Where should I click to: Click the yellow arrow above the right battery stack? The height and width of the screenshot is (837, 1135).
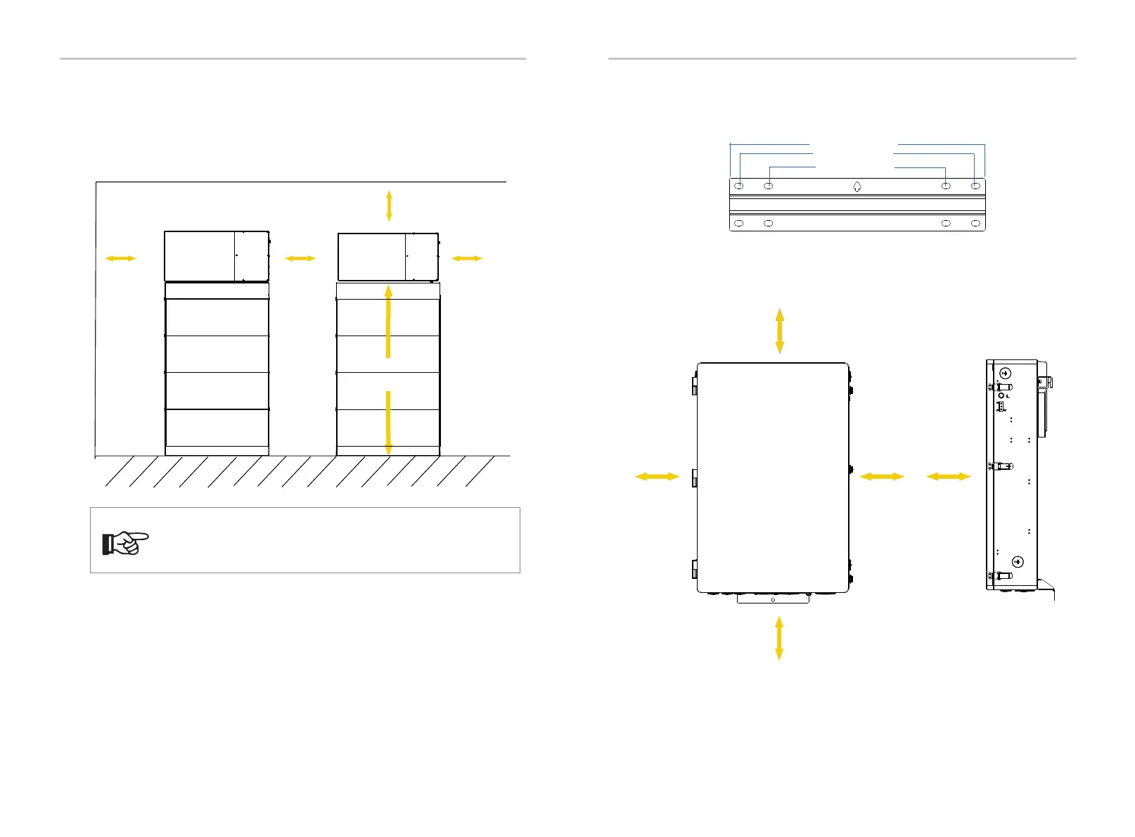(x=389, y=206)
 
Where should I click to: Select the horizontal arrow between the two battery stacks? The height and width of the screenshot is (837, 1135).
(x=300, y=259)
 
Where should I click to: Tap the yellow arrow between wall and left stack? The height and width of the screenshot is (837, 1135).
(x=120, y=259)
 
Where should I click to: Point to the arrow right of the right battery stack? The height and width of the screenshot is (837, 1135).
(x=466, y=259)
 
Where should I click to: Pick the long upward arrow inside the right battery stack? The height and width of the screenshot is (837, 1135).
(x=388, y=321)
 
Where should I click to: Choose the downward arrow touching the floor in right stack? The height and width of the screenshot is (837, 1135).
(x=388, y=423)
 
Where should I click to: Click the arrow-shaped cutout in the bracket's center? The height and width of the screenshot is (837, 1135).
(x=857, y=187)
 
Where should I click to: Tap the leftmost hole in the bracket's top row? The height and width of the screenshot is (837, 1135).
(x=739, y=186)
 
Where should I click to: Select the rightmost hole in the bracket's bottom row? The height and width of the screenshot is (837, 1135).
(x=975, y=223)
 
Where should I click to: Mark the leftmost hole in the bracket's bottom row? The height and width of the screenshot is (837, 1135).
(x=739, y=223)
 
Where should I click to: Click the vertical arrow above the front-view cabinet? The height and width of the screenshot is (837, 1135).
(x=779, y=330)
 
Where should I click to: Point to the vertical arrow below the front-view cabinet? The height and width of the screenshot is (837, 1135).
(x=779, y=637)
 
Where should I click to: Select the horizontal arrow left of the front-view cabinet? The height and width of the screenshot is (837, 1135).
(x=657, y=477)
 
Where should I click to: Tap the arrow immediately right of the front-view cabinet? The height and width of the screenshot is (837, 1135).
(x=881, y=477)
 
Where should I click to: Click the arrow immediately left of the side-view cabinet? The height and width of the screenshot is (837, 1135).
(x=948, y=477)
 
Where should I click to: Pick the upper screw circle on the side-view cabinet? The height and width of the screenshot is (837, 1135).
(x=1006, y=373)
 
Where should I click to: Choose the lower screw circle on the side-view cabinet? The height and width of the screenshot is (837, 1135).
(x=1017, y=561)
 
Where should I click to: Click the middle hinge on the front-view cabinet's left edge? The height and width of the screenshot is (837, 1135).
(x=693, y=478)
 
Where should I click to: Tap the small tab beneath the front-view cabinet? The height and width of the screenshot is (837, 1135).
(x=773, y=599)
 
